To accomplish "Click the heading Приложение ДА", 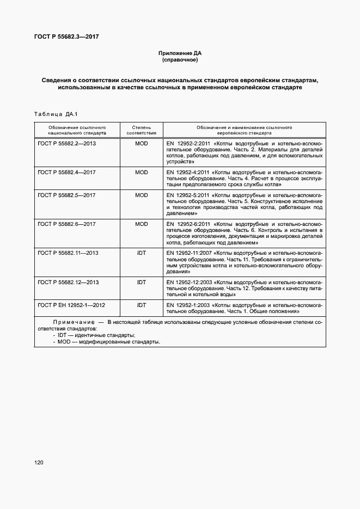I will pos(180,53).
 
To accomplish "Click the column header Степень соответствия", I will pos(141,130).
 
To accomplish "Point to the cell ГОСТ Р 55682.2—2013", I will pos(68,144).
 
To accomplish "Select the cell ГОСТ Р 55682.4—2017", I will pos(68,172).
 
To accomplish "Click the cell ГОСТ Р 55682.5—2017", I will pos(68,195).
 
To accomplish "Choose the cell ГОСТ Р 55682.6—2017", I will pos(68,224).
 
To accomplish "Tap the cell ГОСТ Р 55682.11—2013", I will pos(69,253).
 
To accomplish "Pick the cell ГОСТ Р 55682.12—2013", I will pos(69,282).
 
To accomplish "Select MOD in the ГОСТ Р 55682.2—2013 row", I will pos(141,144).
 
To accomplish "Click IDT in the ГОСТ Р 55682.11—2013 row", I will pos(141,253).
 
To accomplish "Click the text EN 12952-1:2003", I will pos(187,305).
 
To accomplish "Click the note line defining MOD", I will pos(107,341).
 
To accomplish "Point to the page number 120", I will pos(38,463).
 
